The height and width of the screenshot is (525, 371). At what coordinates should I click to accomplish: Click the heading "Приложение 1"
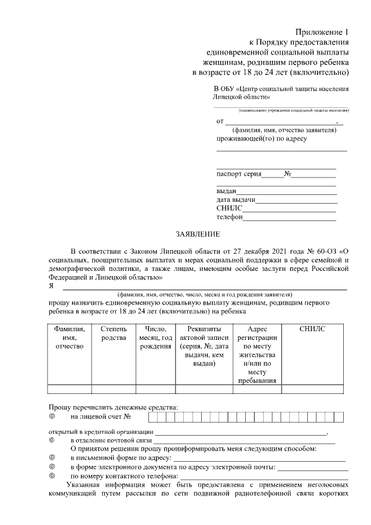point(322,31)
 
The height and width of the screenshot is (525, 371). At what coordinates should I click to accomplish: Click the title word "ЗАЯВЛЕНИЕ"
point(198,234)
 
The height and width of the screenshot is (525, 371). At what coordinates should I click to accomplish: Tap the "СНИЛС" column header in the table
point(312,329)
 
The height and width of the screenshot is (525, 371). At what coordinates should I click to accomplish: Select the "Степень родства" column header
point(113,333)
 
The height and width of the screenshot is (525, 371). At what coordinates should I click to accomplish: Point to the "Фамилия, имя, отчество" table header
point(69,337)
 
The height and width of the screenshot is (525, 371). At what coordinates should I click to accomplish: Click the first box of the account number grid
point(152,416)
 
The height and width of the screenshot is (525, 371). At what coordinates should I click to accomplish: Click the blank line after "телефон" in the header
point(289,219)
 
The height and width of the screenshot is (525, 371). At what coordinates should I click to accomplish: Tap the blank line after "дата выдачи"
point(296,202)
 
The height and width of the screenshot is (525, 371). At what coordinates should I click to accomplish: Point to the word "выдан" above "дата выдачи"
point(226,191)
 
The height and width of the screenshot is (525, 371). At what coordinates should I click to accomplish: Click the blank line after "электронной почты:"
point(312,468)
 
